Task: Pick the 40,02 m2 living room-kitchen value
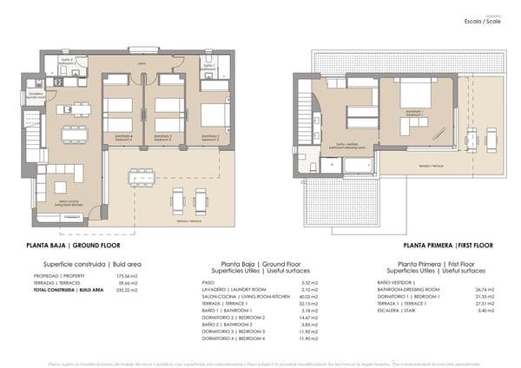point(309,296)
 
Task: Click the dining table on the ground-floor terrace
point(142,177)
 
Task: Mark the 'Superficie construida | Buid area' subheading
point(80,263)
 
